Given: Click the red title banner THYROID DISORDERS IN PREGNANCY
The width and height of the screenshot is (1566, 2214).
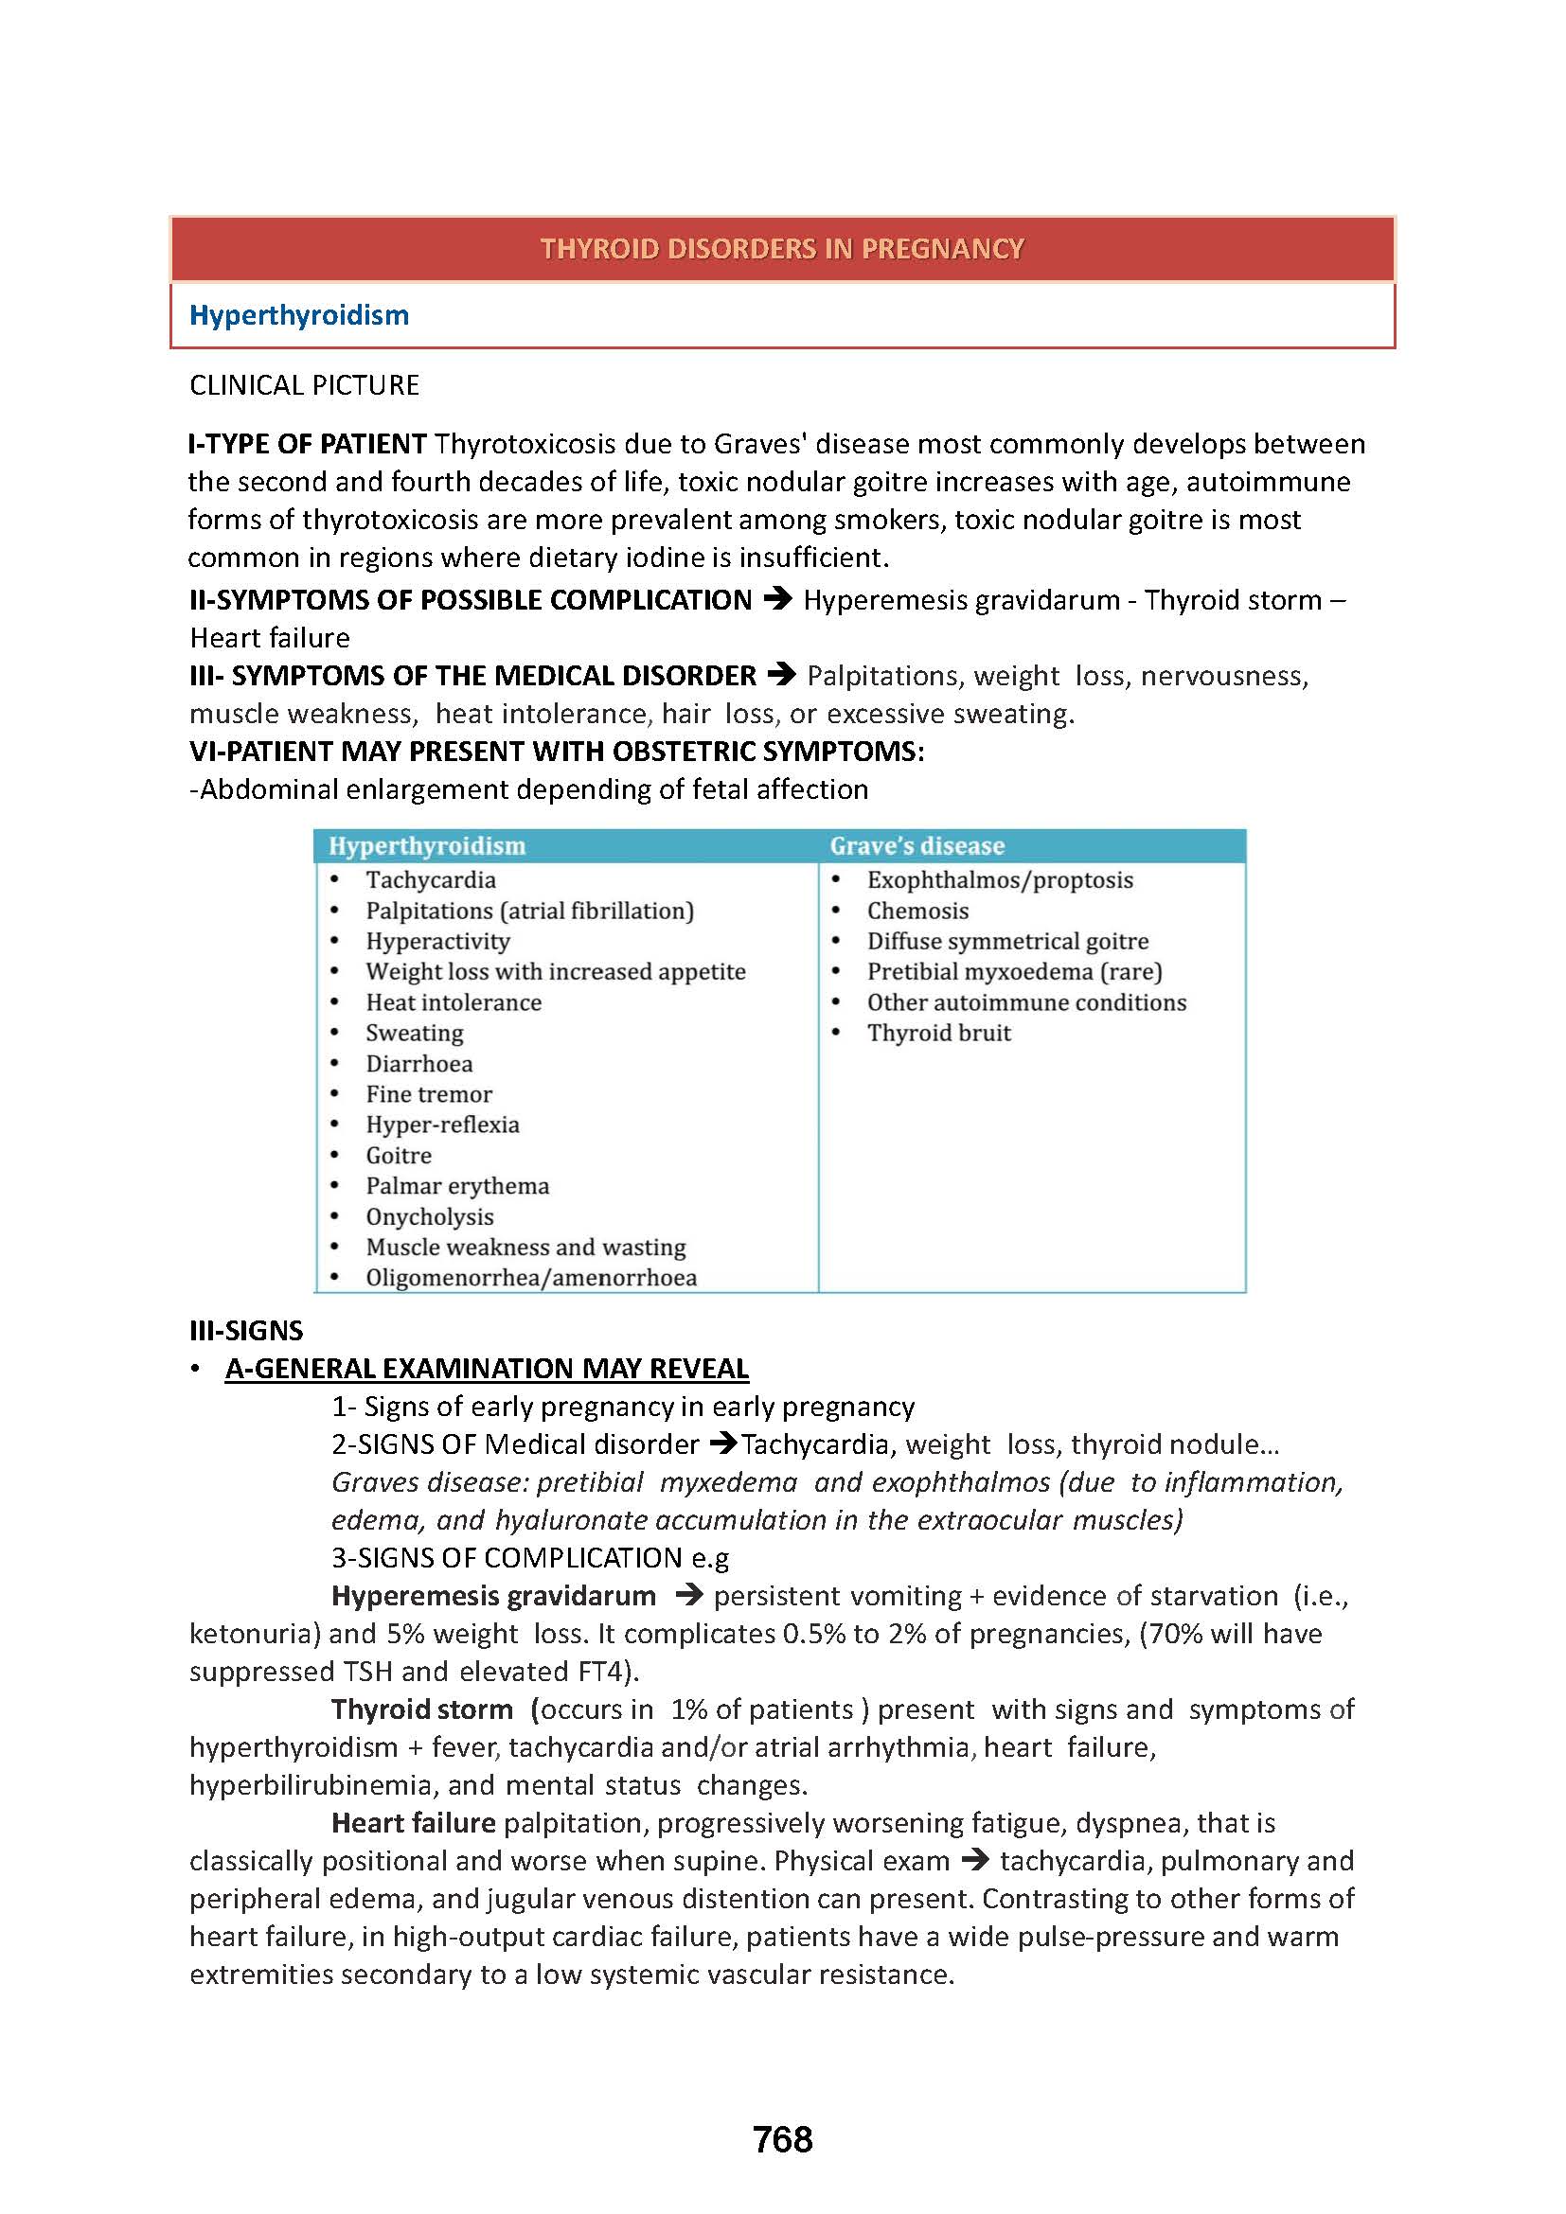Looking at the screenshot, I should pyautogui.click(x=781, y=249).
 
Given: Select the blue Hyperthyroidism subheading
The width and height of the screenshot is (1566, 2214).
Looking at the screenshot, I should pyautogui.click(x=299, y=315).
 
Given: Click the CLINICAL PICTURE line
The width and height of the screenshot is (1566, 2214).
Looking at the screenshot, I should pyautogui.click(x=304, y=385).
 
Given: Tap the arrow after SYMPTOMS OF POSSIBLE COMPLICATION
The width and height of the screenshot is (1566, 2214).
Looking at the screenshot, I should pyautogui.click(x=777, y=600).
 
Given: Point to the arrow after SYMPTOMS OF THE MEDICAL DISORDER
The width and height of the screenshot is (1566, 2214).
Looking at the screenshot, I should pyautogui.click(x=781, y=675).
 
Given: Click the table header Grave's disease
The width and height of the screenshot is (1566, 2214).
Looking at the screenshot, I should pyautogui.click(x=917, y=845).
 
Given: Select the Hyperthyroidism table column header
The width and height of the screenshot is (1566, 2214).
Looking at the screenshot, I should pyautogui.click(x=427, y=845).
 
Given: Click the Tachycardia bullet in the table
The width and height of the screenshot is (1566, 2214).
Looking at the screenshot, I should pyautogui.click(x=430, y=879).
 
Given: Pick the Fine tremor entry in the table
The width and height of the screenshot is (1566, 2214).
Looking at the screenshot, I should pyautogui.click(x=428, y=1093).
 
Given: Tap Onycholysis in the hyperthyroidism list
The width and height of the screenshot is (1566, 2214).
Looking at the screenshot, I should pyautogui.click(x=429, y=1216).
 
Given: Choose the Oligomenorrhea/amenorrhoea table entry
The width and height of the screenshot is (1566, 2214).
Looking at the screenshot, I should pyautogui.click(x=530, y=1277).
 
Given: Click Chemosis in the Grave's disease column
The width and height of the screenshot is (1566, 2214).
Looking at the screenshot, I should pyautogui.click(x=917, y=911).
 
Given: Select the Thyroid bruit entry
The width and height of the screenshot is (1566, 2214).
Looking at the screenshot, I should pyautogui.click(x=938, y=1033).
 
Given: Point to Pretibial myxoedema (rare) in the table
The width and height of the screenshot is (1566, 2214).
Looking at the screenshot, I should pyautogui.click(x=1014, y=971).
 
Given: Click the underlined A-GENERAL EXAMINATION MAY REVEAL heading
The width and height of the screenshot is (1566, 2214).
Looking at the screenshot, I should pyautogui.click(x=487, y=1369).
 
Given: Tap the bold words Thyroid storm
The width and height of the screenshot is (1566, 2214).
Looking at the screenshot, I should pyautogui.click(x=421, y=1709).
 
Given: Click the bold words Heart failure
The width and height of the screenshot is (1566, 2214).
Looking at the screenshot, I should pyautogui.click(x=413, y=1822).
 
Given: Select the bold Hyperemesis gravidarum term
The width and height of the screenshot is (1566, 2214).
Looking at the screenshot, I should pyautogui.click(x=492, y=1595).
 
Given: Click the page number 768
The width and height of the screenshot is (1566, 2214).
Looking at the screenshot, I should pyautogui.click(x=782, y=2140).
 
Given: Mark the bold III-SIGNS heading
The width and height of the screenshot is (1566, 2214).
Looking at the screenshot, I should pyautogui.click(x=246, y=1331).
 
